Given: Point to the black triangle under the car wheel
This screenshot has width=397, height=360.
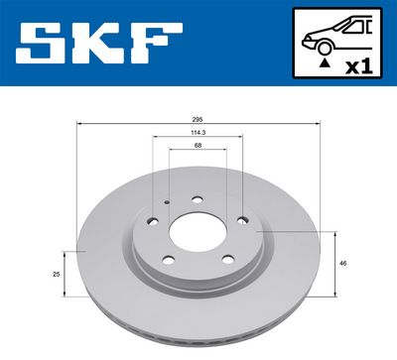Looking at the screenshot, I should tap(324, 61).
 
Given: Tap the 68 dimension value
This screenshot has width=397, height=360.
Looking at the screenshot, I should tap(198, 147).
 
